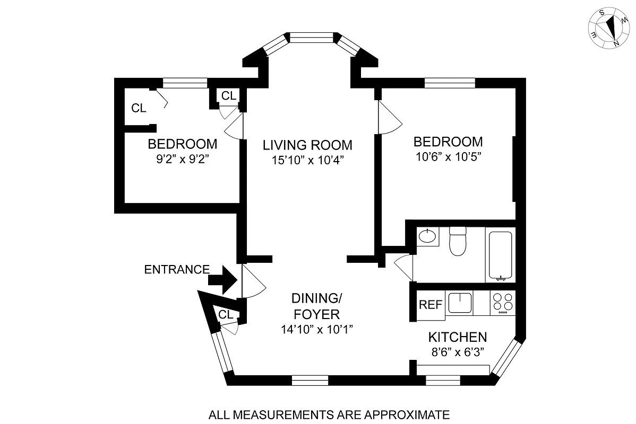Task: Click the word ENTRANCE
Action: [177, 269]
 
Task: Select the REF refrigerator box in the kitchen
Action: [430, 305]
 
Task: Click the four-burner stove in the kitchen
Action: [502, 303]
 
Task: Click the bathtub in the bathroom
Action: [500, 255]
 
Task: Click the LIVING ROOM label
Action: [308, 145]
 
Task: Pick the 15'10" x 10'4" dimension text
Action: [308, 160]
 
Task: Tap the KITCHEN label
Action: [458, 337]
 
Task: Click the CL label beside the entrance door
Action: [226, 314]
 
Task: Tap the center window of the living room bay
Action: [311, 37]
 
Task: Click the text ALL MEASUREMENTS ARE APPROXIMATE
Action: [329, 414]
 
